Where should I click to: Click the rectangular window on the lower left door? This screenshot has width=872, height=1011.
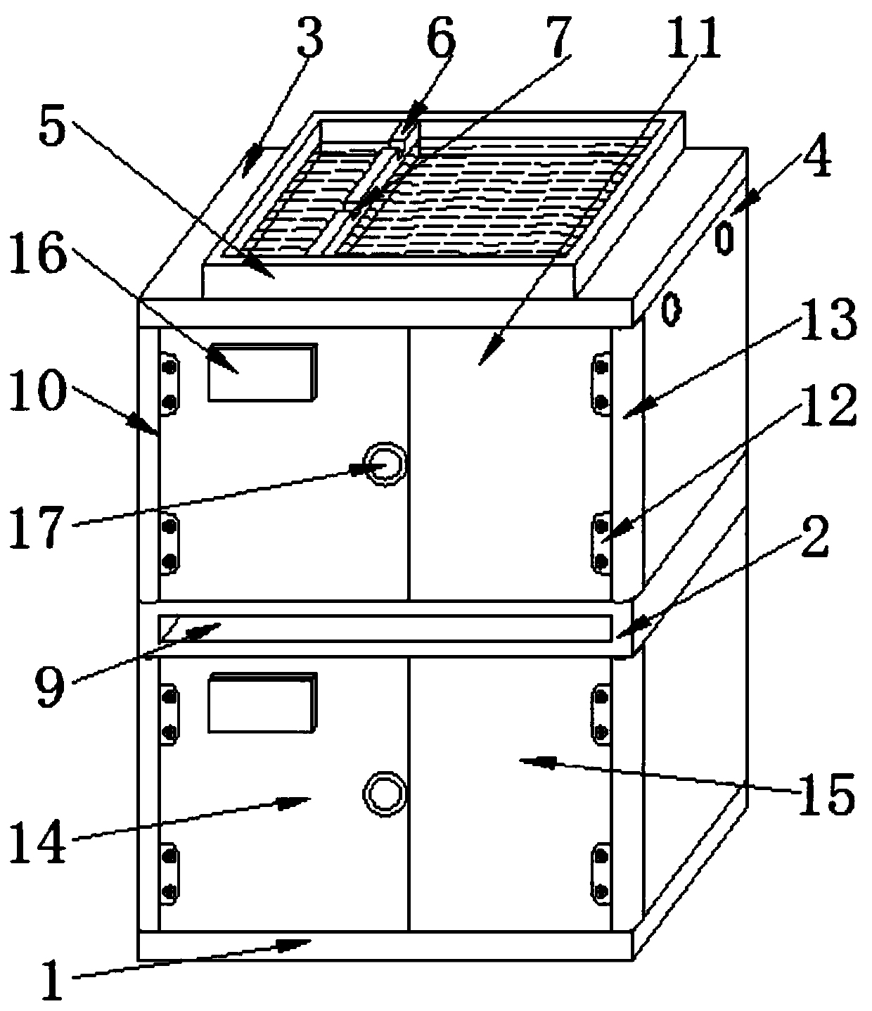click(x=262, y=702)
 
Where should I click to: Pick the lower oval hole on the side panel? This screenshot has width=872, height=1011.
click(x=672, y=309)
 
